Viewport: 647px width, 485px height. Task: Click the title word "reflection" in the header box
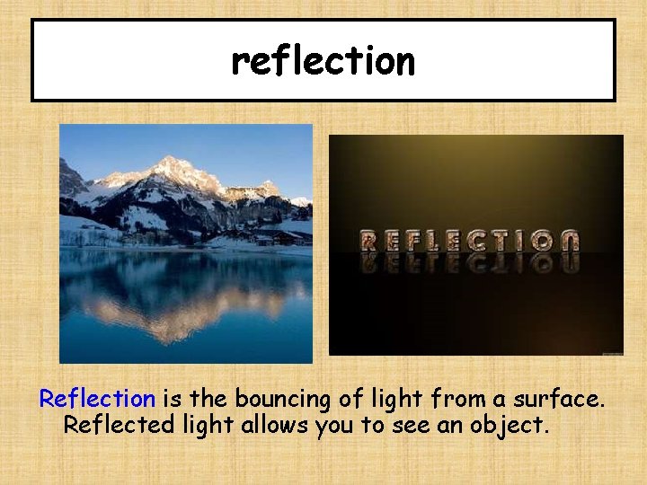click(x=323, y=61)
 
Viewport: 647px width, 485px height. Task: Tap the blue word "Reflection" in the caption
click(x=97, y=398)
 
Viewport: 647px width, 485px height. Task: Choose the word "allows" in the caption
click(x=274, y=425)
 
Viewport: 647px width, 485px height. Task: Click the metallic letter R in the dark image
click(x=369, y=241)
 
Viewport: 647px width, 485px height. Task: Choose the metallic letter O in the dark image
click(x=541, y=241)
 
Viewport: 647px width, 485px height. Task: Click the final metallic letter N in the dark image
click(x=568, y=241)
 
